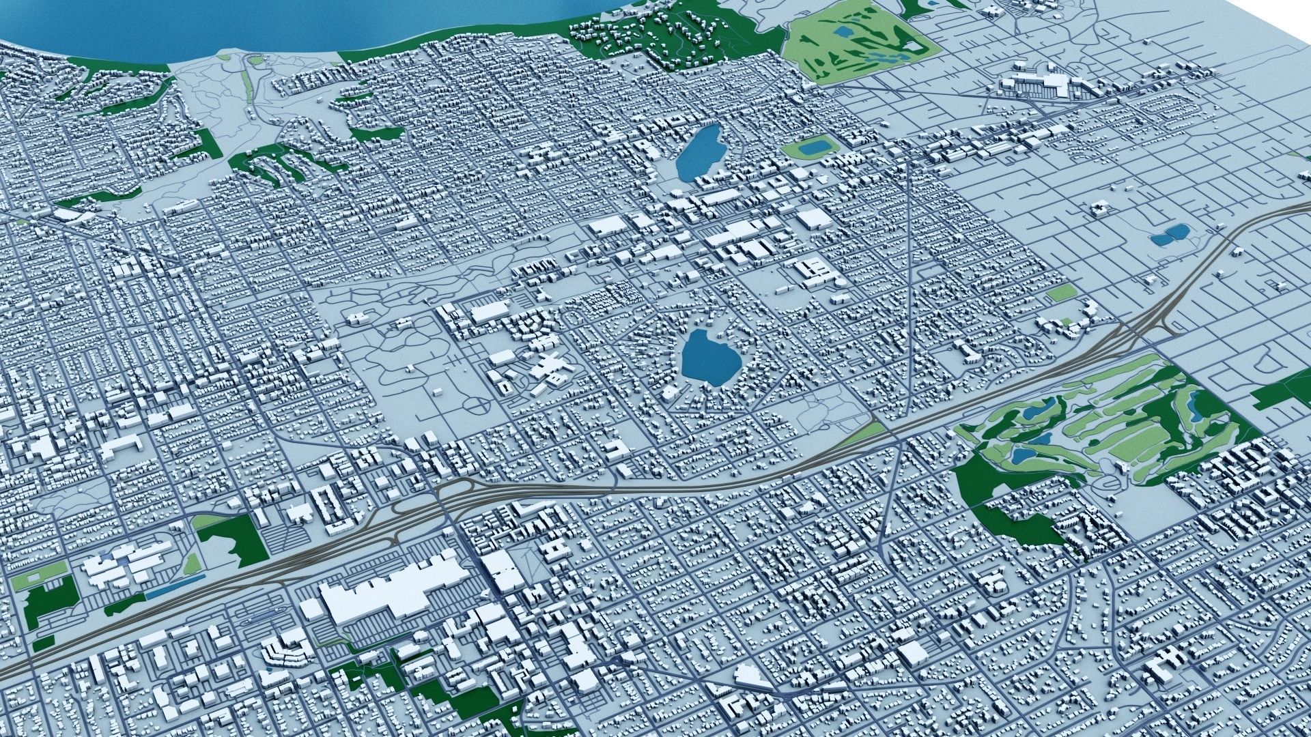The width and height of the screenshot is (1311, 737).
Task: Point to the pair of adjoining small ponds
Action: [1169, 235]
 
